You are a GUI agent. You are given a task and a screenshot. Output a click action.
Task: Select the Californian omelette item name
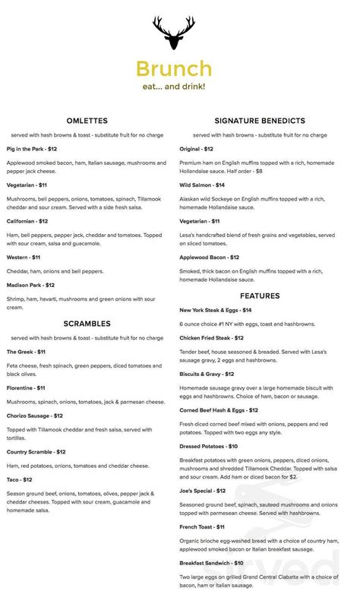tap(27, 221)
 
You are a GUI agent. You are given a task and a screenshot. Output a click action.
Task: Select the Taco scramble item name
tap(19, 479)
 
